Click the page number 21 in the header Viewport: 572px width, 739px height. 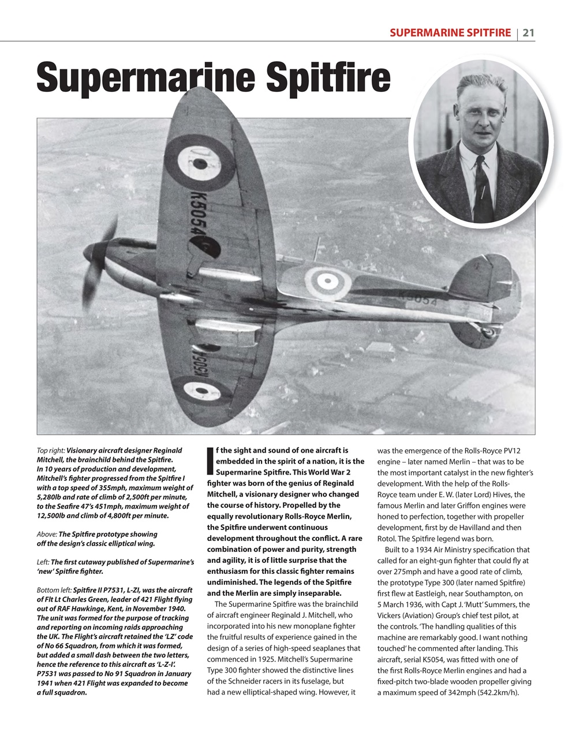[528, 33]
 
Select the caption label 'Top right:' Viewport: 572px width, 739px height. [50, 450]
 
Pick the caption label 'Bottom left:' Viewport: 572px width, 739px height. [54, 590]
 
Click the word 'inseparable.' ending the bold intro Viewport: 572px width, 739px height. [317, 593]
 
